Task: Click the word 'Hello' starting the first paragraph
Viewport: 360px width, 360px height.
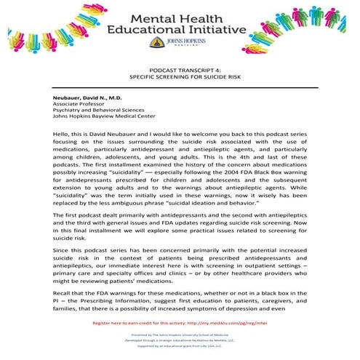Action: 60,135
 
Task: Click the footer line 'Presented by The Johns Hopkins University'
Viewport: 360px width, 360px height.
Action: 179,335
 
